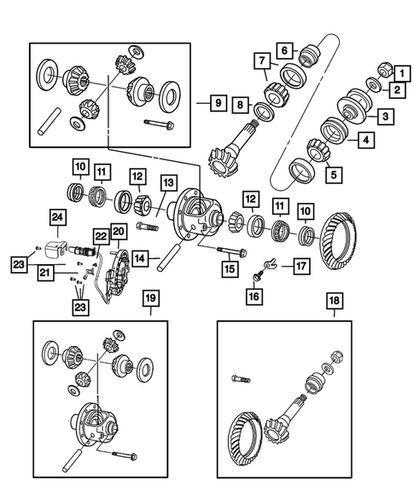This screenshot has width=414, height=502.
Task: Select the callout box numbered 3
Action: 386,116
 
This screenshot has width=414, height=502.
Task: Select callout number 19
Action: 149,301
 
